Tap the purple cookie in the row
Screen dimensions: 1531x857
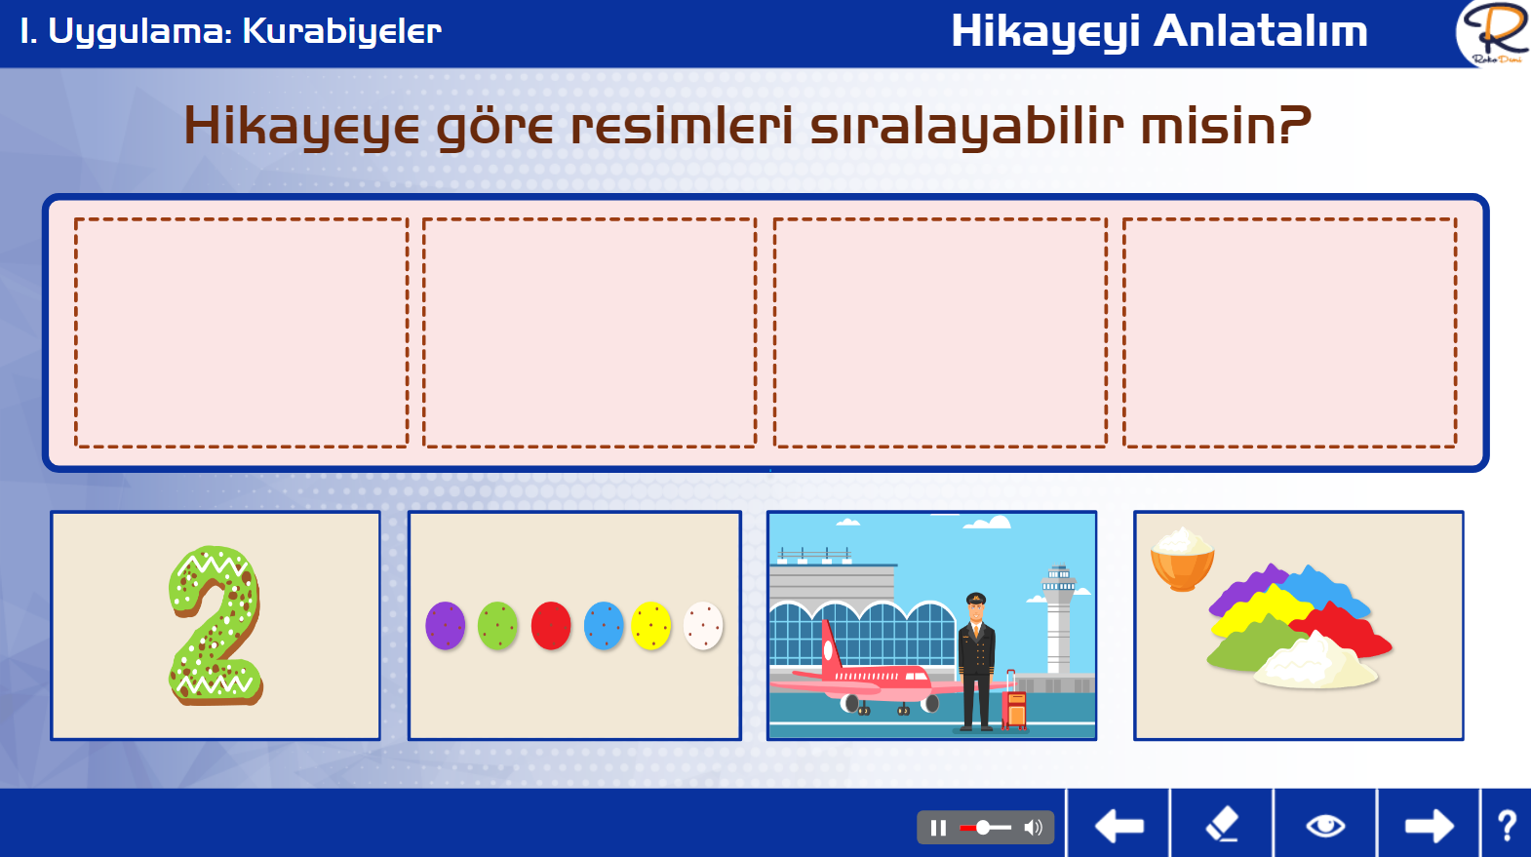445,625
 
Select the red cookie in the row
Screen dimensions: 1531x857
551,625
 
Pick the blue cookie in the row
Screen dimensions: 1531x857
604,625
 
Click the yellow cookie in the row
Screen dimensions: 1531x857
650,625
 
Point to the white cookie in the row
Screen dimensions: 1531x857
703,625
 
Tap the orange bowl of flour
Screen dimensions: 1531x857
1183,561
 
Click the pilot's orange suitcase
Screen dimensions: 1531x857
1014,704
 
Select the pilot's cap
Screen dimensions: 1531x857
975,599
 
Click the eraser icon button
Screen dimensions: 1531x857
1222,824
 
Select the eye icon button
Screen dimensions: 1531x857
1325,826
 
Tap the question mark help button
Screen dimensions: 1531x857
1507,826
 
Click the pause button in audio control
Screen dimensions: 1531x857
938,828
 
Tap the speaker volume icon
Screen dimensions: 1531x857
1034,828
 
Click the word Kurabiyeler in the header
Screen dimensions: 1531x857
341,31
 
